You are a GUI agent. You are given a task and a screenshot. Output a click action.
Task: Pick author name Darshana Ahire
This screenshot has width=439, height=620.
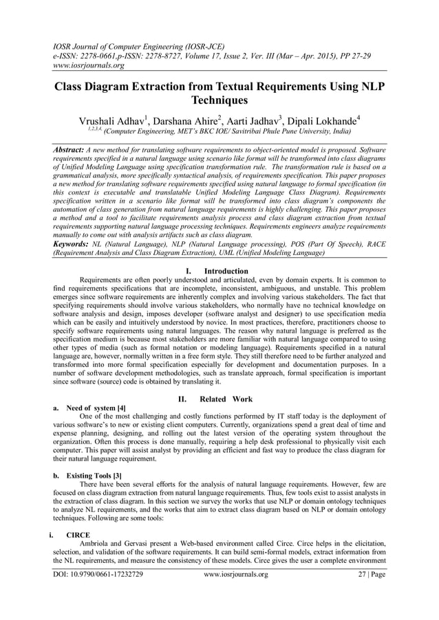tap(189, 119)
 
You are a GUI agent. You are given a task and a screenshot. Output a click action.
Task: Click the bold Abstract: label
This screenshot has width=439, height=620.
tap(69, 149)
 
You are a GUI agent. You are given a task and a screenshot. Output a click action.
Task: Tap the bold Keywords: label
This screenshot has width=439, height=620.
tap(71, 245)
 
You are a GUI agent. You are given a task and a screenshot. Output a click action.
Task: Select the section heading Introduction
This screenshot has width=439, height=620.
tap(226, 271)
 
